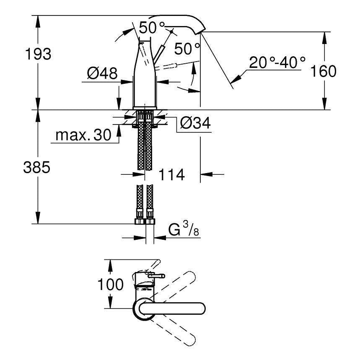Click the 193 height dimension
click(38, 54)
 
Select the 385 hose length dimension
click(36, 167)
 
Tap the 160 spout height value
click(323, 71)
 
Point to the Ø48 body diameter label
click(102, 73)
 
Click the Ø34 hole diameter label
click(195, 123)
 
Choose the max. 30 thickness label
click(83, 135)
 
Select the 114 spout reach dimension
click(171, 174)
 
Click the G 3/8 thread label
click(184, 229)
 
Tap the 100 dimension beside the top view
click(111, 285)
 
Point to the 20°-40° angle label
click(277, 62)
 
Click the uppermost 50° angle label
click(152, 28)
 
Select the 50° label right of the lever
click(187, 49)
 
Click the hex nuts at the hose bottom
click(145, 221)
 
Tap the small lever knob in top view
click(157, 276)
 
